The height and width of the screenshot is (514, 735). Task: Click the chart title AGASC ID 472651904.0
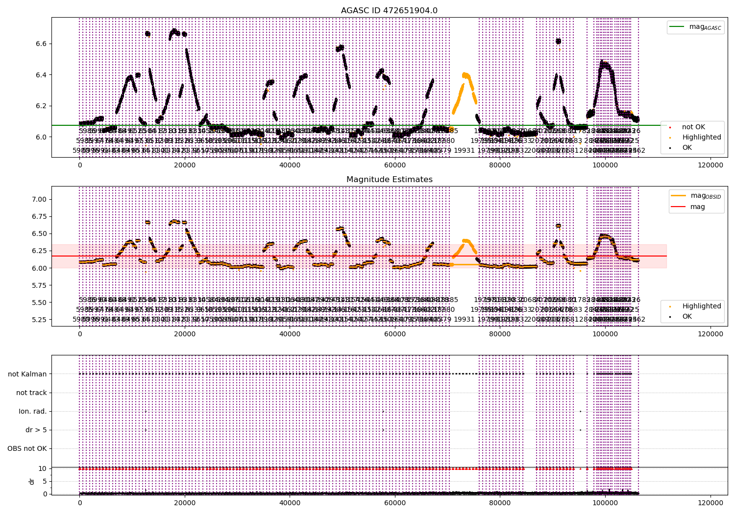point(389,11)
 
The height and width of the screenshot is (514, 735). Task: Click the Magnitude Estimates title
point(389,180)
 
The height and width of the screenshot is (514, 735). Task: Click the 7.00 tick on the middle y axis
point(39,199)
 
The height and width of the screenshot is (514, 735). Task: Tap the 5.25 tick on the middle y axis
point(39,320)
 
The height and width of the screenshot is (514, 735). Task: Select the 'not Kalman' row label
point(27,374)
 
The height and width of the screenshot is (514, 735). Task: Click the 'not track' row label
point(31,393)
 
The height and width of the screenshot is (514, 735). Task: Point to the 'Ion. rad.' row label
point(33,411)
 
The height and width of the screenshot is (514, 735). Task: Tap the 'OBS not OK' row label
point(27,448)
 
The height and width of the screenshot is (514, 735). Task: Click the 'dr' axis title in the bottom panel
point(32,481)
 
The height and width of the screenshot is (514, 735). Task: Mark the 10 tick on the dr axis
point(43,468)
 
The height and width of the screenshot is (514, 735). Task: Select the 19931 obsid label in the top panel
point(464,150)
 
